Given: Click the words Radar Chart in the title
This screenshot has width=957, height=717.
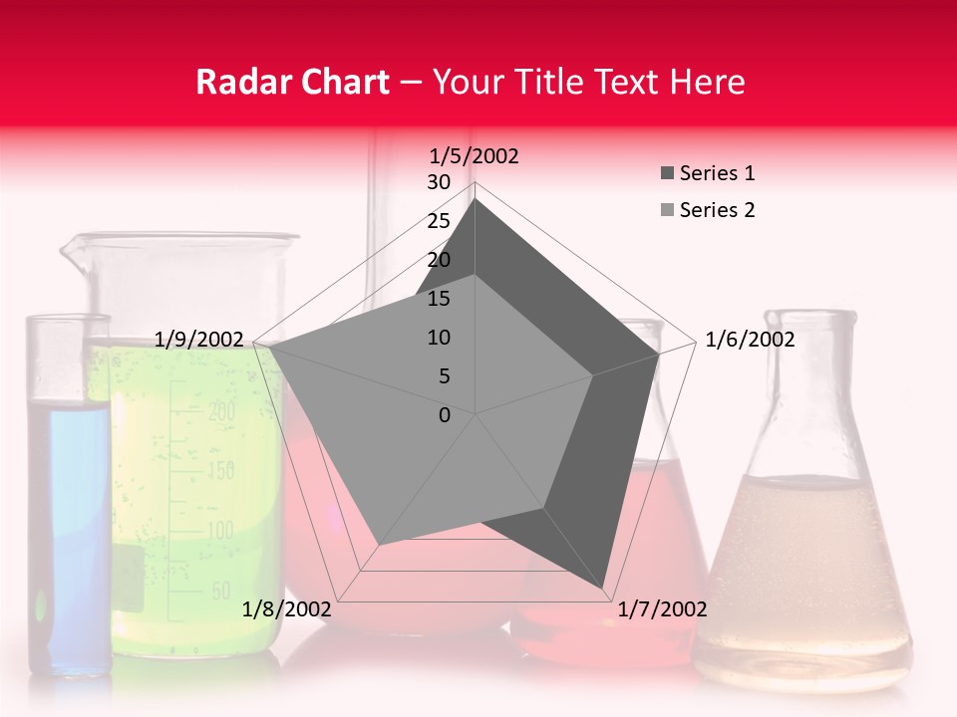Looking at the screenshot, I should click(291, 82).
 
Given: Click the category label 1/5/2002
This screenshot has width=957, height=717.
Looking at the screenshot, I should click(475, 155).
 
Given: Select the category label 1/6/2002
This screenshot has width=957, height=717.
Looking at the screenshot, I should click(750, 340).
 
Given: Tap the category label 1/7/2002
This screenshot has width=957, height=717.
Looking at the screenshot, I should click(663, 609).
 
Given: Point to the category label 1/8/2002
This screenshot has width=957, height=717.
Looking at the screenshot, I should click(287, 609).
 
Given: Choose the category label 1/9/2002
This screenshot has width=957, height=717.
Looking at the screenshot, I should click(199, 340).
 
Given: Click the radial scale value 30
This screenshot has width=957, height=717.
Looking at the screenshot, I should click(439, 182).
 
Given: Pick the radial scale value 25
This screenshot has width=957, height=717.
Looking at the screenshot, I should click(439, 221).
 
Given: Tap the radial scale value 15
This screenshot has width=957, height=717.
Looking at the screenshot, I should click(439, 299).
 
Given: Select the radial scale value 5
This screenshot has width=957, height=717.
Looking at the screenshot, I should click(444, 376).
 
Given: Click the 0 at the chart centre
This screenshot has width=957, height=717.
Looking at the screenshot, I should click(445, 415).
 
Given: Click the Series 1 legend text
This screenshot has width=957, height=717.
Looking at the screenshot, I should click(717, 173).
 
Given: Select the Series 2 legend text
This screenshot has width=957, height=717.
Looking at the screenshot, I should click(717, 210).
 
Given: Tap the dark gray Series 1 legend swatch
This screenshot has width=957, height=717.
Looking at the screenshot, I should click(667, 174).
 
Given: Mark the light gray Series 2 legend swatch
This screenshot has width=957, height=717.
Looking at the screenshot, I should click(667, 210).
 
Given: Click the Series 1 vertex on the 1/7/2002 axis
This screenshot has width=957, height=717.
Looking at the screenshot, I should click(604, 589).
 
